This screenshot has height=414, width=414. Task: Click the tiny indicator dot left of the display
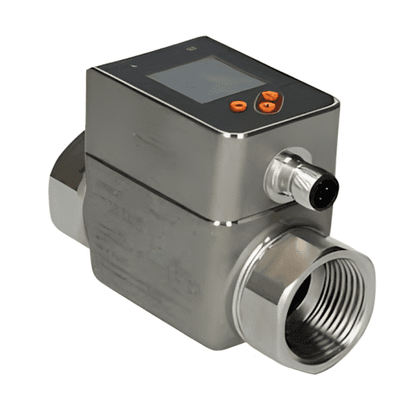click(130, 64)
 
